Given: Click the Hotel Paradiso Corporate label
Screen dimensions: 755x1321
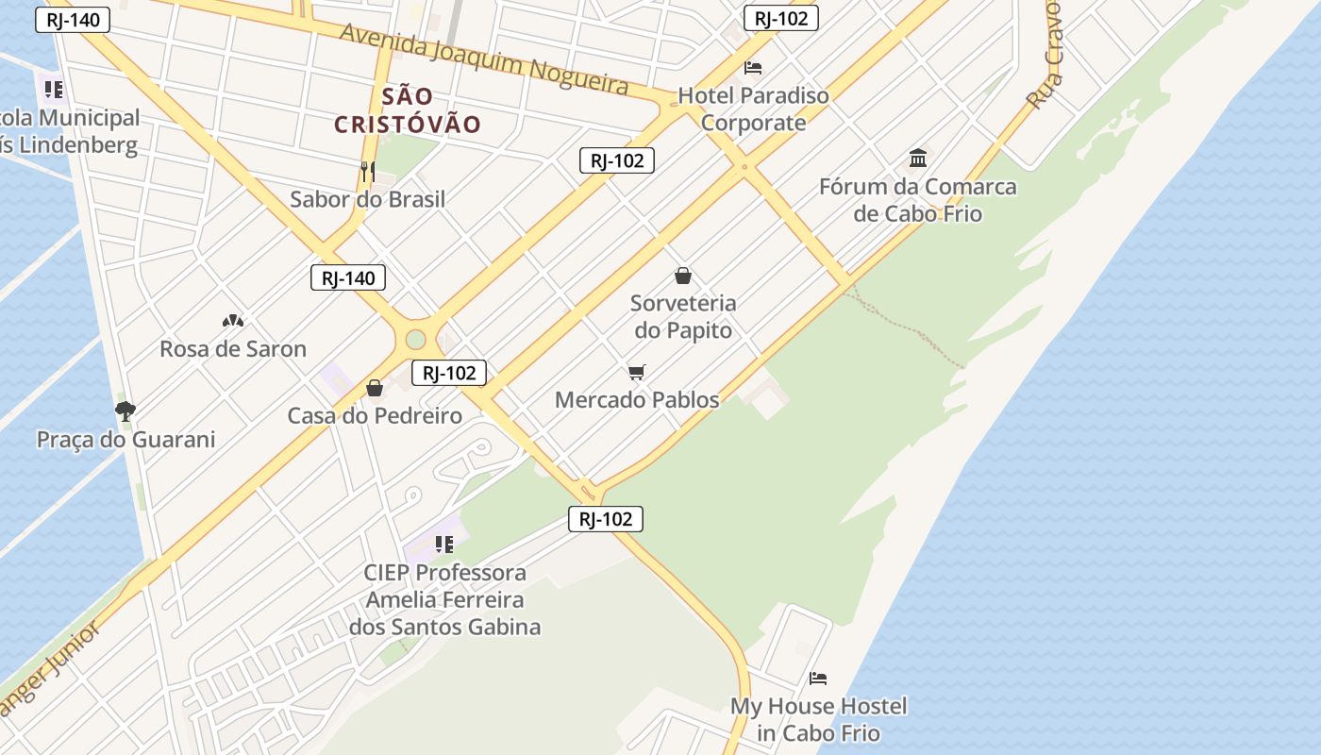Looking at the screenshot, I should point(753,109).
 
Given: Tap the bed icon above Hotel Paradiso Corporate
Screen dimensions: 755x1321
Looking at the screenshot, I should point(753,68).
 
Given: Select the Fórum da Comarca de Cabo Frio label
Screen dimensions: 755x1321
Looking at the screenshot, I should point(917,200).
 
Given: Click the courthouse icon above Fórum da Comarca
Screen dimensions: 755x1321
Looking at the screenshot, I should point(917,158).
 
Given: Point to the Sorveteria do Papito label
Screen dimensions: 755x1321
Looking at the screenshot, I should point(682,317).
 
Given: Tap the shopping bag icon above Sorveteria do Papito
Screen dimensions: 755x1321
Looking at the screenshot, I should point(682,276).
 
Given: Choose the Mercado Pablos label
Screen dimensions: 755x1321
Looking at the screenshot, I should point(637,399).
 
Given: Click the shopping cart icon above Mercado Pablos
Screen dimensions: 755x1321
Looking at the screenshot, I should point(637,372).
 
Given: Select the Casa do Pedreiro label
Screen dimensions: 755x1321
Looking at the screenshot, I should point(375,415).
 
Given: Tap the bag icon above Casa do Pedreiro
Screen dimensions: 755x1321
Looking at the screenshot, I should point(375,388).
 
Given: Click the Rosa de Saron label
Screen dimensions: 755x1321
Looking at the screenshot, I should point(233,348).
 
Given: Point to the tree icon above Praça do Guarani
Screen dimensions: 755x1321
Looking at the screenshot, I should point(125,411).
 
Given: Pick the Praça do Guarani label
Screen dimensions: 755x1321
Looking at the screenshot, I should point(125,439).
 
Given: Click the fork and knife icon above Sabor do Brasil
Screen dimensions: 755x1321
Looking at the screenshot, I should point(368,171).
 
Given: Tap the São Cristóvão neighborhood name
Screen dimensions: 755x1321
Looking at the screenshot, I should point(408,109).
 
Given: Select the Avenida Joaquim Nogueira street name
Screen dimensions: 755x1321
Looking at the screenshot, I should point(484,59).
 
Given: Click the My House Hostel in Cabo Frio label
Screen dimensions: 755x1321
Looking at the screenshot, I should point(818,719).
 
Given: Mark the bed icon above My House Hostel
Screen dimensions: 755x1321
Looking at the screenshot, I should point(818,679).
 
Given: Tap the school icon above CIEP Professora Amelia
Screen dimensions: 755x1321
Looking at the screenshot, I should point(444,544).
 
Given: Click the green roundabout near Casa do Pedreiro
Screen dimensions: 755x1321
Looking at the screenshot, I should point(415,340).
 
